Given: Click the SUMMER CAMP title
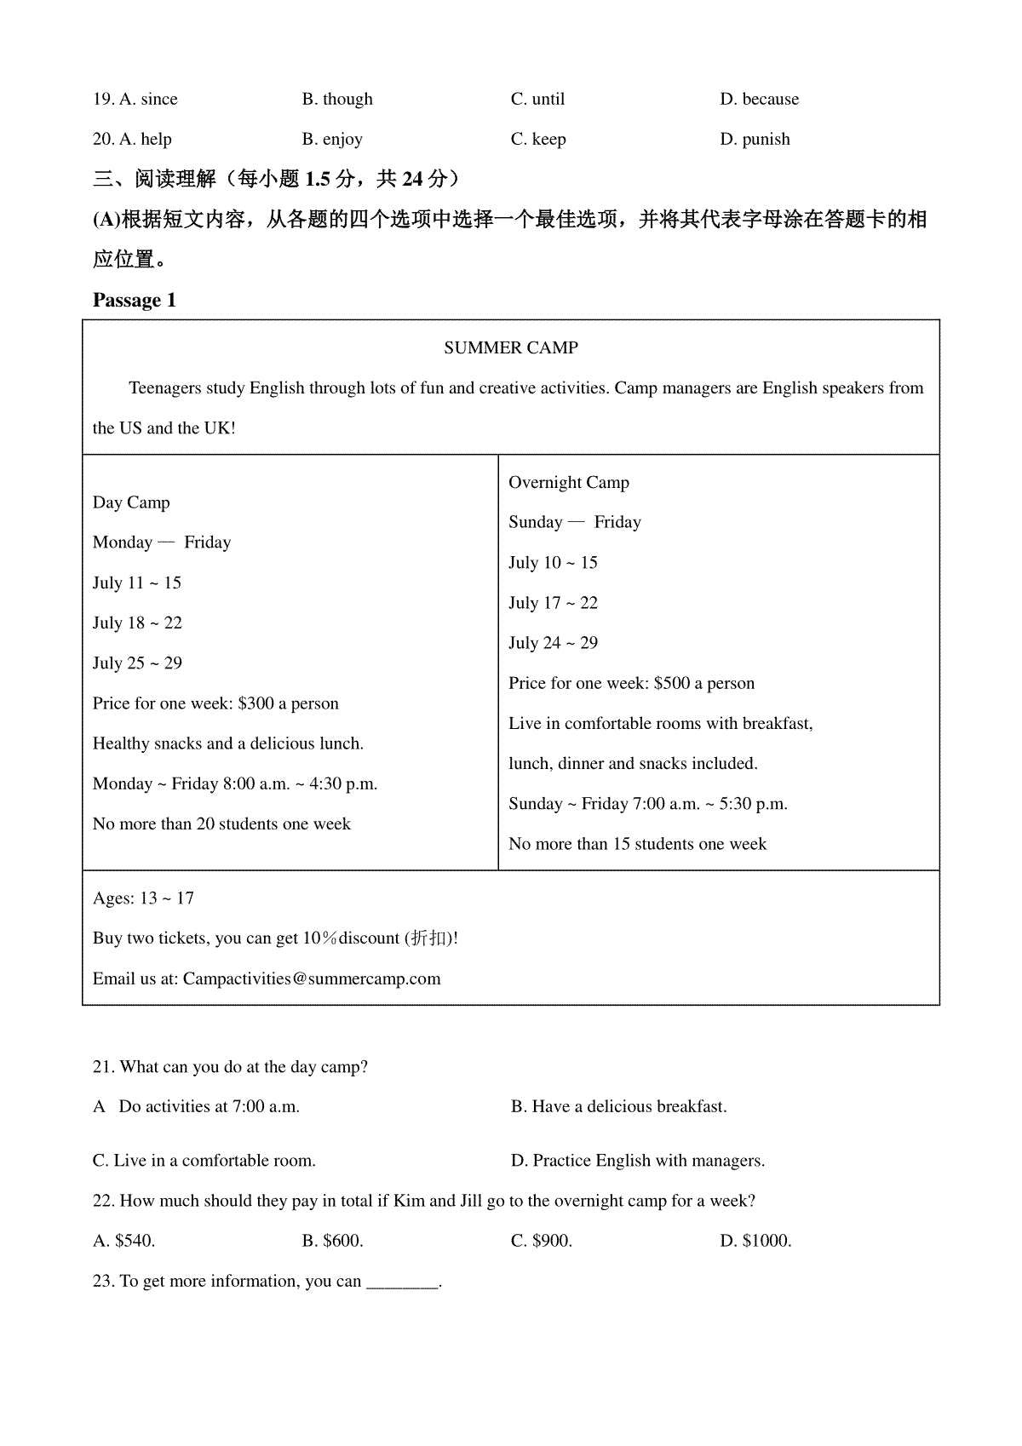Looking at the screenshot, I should coord(511,347).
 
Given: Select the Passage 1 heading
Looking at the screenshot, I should coord(134,301).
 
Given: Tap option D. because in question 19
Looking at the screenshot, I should coord(759,99).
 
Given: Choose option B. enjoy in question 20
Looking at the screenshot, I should coord(332,139).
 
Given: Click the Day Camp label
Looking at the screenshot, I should coord(131,502).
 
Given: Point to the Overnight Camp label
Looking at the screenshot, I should coord(569,483).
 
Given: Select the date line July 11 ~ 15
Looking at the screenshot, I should coord(137,583).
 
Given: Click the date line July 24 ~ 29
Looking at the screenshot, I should coord(553,643).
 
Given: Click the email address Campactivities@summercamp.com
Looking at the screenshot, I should coord(312,978).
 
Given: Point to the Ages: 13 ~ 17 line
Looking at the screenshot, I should coord(143,898).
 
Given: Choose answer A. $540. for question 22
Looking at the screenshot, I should coord(124,1241).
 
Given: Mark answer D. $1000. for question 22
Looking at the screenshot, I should coord(755,1241).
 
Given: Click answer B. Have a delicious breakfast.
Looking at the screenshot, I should coord(618,1107).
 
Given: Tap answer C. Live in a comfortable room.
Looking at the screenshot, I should coord(204,1161).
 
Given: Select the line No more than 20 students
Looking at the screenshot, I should coord(221,824).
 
